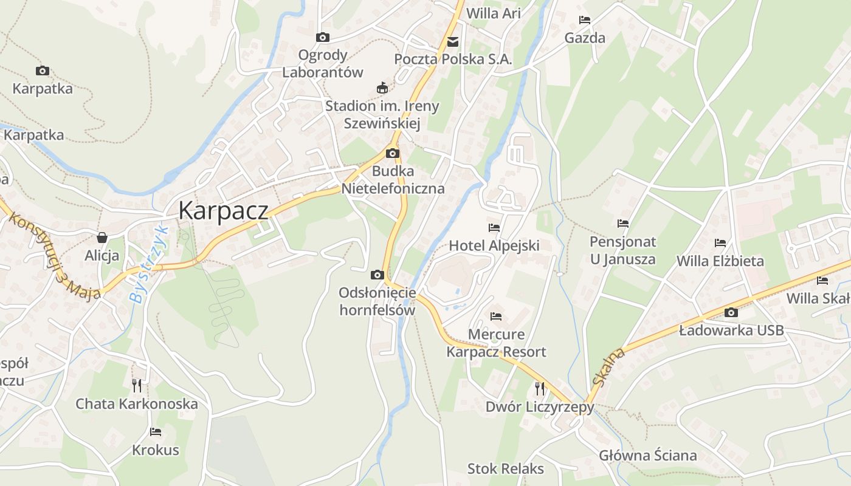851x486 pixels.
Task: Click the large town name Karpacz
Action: [223, 210]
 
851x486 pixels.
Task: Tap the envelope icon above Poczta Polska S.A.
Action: [453, 42]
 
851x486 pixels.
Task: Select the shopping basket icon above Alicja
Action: [102, 237]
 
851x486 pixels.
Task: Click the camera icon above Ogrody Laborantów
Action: [323, 38]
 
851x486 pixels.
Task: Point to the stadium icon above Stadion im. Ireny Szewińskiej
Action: [382, 88]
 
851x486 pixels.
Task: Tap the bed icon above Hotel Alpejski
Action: [494, 228]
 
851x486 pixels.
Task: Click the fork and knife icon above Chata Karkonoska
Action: [137, 385]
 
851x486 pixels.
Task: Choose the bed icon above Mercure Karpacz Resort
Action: [496, 317]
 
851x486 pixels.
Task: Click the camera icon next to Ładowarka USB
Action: [731, 313]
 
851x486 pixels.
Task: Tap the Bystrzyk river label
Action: [148, 264]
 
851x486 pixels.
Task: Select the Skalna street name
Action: [608, 367]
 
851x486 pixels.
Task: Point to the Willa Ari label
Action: [493, 13]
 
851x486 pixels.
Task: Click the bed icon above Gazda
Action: [585, 20]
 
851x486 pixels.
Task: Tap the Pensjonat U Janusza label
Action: [623, 250]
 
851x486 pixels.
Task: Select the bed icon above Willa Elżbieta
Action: [720, 243]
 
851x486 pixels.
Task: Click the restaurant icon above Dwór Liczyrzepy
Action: [539, 388]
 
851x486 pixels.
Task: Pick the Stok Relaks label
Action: [505, 468]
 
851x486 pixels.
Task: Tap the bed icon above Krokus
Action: [156, 432]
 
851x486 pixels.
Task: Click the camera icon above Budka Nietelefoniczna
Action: [393, 153]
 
